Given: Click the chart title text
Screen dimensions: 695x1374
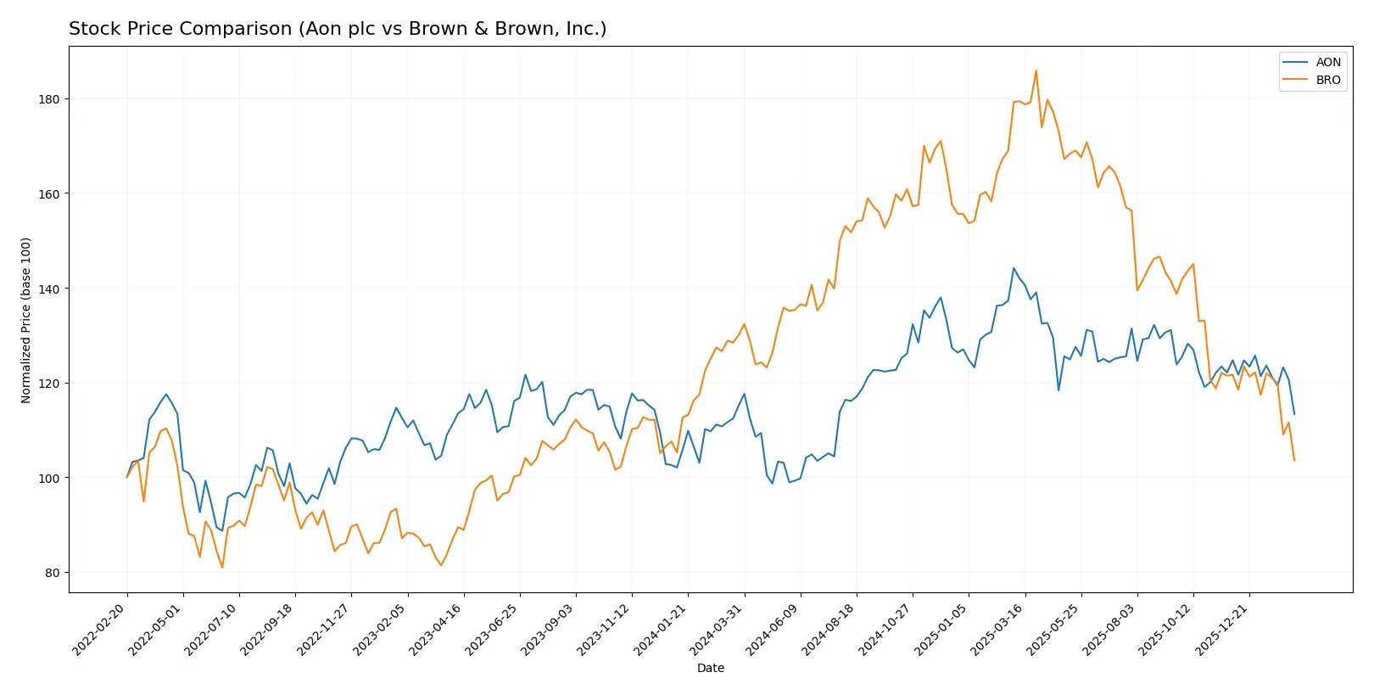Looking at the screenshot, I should tap(338, 29).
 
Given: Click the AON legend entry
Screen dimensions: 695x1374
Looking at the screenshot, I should tap(1327, 62).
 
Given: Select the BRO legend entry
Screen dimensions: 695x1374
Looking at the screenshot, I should tap(1327, 80).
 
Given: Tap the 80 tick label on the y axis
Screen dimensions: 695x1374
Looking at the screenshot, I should tap(53, 573).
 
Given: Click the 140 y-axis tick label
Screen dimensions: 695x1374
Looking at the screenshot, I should tap(49, 289).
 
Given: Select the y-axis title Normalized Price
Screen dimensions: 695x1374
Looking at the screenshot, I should tap(26, 320).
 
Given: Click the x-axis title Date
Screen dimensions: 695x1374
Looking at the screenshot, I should tap(710, 668).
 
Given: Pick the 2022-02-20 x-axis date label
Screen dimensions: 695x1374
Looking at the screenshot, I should tap(100, 629).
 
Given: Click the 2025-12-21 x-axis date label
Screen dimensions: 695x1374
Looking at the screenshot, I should tap(1222, 629).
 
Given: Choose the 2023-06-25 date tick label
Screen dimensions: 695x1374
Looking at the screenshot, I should tap(493, 629).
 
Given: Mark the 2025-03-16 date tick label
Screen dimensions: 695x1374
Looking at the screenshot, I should tap(997, 629).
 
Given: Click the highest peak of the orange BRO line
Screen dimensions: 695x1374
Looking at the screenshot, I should tap(1036, 70).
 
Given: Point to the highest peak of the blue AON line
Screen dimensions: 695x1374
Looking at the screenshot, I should tap(1014, 268).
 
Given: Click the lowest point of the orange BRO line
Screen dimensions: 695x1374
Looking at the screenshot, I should tap(222, 567).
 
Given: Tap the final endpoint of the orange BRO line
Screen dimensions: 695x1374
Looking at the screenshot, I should tap(1294, 460).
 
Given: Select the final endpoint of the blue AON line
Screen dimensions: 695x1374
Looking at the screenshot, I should tap(1294, 414).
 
